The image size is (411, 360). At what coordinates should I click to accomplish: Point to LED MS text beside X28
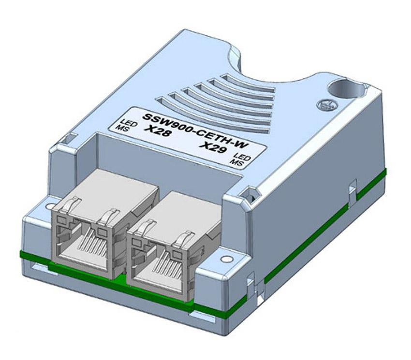click(121, 126)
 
